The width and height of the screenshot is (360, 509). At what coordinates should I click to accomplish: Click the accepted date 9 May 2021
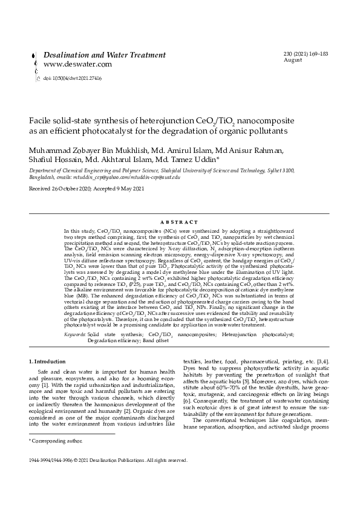point(128,189)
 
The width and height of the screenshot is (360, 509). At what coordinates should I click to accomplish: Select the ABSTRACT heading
point(180,222)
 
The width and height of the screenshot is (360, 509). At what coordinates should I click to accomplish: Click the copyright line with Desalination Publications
point(108,460)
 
